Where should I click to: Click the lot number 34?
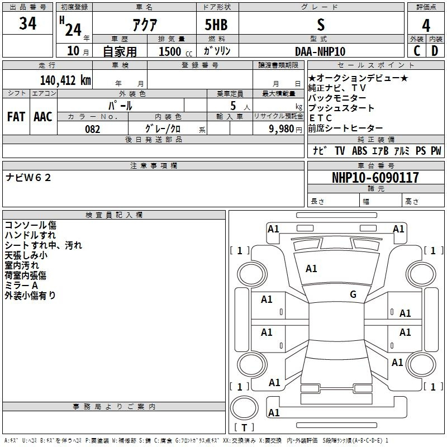pyautogui.click(x=27, y=23)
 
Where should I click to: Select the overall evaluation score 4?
pyautogui.click(x=426, y=26)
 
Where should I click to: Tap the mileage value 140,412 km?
pyautogui.click(x=65, y=80)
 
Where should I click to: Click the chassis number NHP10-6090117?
pyautogui.click(x=375, y=177)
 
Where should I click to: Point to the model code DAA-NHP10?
pyautogui.click(x=320, y=51)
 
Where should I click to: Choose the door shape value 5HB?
pyautogui.click(x=216, y=25)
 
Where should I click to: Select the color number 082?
pyautogui.click(x=93, y=129)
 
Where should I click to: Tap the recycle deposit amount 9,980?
pyautogui.click(x=282, y=129)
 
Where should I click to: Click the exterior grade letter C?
pyautogui.click(x=417, y=51)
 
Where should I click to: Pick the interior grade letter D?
pyautogui.click(x=435, y=51)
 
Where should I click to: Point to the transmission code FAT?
pyautogui.click(x=16, y=117)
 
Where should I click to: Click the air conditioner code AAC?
pyautogui.click(x=43, y=117)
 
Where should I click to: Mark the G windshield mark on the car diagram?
pyautogui.click(x=353, y=294)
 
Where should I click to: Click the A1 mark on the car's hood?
pyautogui.click(x=311, y=269)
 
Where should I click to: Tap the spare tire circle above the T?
pyautogui.click(x=244, y=408)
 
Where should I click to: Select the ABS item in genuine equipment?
pyautogui.click(x=359, y=151)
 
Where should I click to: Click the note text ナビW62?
pyautogui.click(x=28, y=178)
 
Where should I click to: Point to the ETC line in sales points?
pyautogui.click(x=320, y=118)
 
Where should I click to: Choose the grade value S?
pyautogui.click(x=321, y=25)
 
